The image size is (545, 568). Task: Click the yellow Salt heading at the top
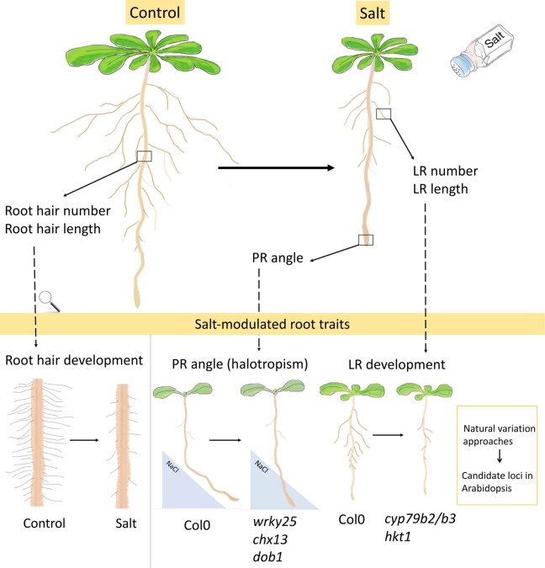(x=369, y=13)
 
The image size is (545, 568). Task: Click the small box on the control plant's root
(x=145, y=156)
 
